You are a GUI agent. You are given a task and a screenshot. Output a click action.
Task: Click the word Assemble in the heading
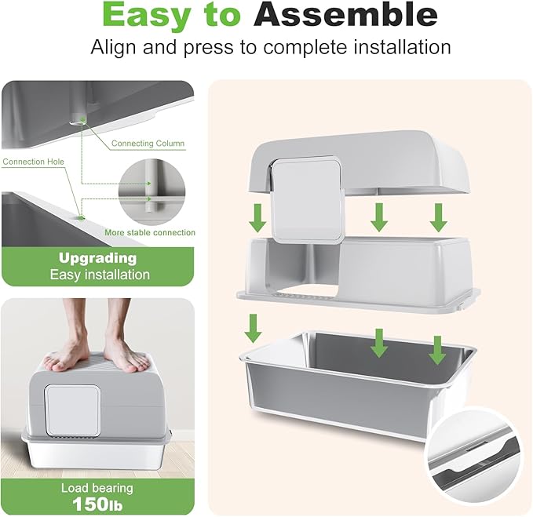point(345,15)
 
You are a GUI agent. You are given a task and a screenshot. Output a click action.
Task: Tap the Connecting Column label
point(148,144)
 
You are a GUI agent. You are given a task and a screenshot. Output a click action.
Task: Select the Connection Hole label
point(33,162)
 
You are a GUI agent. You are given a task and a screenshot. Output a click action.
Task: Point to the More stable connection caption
point(150,233)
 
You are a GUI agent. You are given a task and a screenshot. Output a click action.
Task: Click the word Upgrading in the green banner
point(98,259)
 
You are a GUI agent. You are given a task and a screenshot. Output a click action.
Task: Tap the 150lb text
point(97,504)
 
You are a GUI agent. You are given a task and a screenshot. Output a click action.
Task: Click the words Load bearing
point(97,488)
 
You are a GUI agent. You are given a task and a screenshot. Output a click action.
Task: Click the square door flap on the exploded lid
point(307,199)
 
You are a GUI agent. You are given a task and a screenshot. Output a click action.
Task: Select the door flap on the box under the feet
point(73,410)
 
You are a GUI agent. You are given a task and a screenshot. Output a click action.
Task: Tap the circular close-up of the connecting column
point(152,191)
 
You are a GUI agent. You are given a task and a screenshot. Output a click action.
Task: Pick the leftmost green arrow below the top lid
point(257,218)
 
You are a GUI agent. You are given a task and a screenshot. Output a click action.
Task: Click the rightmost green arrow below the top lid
point(438,218)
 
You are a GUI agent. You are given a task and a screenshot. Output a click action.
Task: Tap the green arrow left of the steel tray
point(254,328)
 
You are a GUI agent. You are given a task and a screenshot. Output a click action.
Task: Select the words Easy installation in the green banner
point(100,275)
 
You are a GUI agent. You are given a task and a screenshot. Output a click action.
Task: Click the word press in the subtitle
point(208,49)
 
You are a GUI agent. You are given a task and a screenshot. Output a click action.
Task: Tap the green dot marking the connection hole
point(81,218)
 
